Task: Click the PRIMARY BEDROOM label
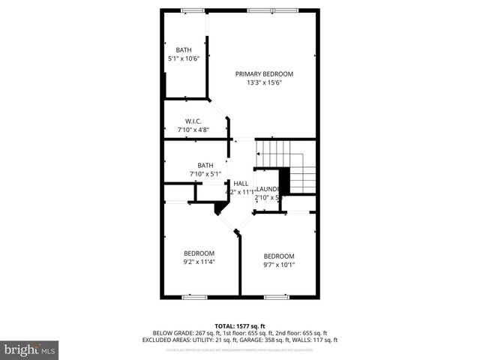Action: [264, 73]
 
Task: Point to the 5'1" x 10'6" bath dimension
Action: [184, 58]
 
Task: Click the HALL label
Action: [241, 184]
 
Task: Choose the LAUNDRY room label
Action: [268, 189]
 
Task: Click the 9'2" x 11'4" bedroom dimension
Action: [199, 262]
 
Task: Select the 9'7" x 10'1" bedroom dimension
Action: [279, 264]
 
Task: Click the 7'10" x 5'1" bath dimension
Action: [205, 174]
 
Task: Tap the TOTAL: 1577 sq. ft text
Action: [240, 325]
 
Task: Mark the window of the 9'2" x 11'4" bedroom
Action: [194, 297]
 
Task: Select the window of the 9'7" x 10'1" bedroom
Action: [277, 297]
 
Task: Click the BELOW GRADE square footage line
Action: [240, 332]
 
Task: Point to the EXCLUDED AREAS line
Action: [240, 340]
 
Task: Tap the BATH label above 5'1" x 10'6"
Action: [184, 49]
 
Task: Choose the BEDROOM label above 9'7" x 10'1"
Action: [279, 255]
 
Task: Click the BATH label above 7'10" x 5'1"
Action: [205, 165]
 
